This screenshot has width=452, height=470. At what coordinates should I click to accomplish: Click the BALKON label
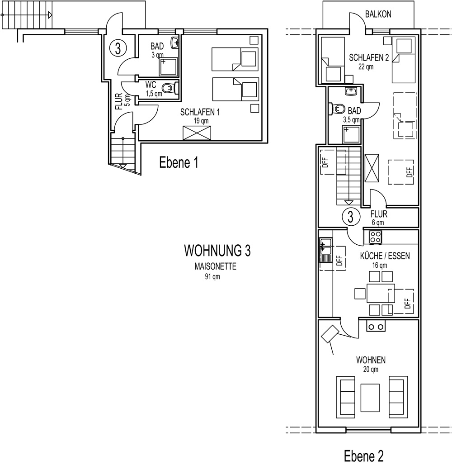[378, 14]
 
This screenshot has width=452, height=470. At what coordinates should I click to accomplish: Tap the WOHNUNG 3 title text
[217, 251]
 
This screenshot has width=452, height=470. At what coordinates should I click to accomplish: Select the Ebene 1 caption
[179, 163]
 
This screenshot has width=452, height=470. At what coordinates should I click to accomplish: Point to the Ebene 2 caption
[364, 456]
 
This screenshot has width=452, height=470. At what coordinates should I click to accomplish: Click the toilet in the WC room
[169, 88]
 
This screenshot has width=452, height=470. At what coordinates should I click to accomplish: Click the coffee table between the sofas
[370, 398]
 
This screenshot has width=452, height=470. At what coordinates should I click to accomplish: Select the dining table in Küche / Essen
[381, 293]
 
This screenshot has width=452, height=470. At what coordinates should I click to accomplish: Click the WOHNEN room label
[371, 360]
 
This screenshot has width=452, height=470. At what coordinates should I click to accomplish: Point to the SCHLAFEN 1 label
[200, 112]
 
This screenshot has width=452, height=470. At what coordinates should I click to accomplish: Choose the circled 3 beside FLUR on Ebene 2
[350, 217]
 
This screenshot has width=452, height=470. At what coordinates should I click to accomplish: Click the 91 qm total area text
[212, 276]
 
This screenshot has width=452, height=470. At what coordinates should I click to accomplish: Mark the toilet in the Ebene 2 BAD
[337, 109]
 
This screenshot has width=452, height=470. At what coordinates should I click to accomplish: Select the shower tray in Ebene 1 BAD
[168, 66]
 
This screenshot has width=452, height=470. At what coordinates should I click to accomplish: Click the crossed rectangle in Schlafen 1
[197, 133]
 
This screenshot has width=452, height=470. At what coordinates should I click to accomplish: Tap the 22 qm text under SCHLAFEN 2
[366, 66]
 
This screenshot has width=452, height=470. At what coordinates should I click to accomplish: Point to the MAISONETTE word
[215, 266]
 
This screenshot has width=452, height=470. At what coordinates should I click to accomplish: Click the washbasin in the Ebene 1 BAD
[174, 43]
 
